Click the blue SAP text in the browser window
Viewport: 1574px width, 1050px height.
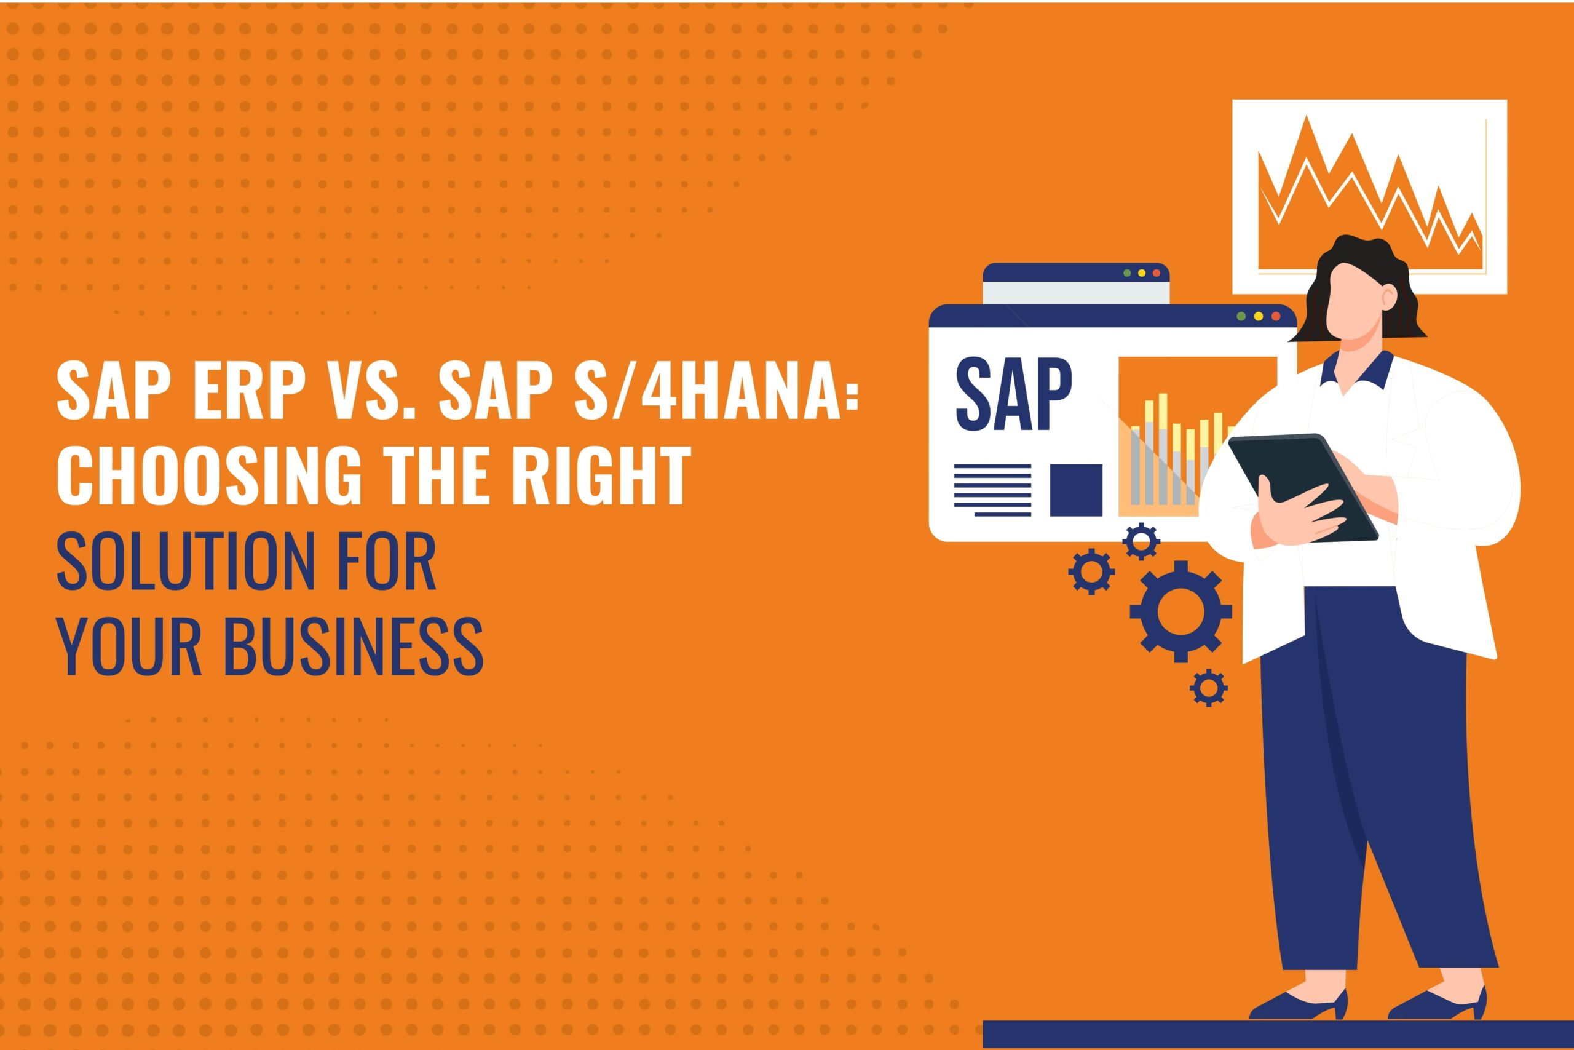click(1013, 396)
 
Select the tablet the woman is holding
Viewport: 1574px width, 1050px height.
click(1303, 488)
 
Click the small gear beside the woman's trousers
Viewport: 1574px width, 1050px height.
click(1209, 686)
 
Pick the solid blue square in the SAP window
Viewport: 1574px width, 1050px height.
click(1076, 490)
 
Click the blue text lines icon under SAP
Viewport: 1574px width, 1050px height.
click(993, 490)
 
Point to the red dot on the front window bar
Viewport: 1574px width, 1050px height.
click(1276, 316)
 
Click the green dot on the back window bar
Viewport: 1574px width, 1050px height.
click(1128, 273)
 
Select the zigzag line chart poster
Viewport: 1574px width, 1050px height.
click(1370, 196)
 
